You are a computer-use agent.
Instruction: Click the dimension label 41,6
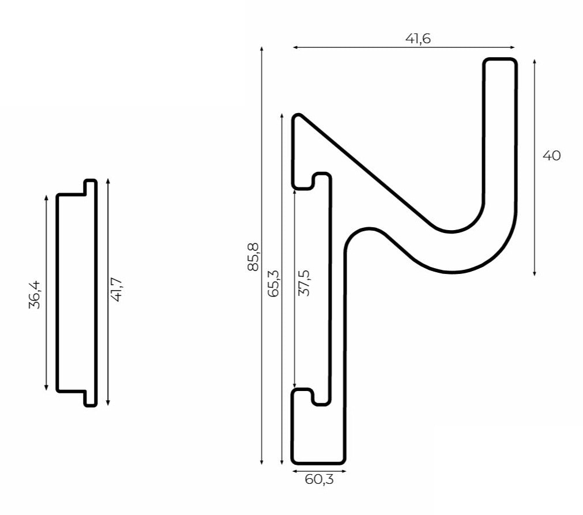pos(418,39)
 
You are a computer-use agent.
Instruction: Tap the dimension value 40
pos(551,156)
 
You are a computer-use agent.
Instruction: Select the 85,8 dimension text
pos(253,257)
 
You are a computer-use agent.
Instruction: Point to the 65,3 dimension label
pos(273,283)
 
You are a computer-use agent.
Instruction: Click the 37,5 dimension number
pos(304,283)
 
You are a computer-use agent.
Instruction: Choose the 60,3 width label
pos(319,480)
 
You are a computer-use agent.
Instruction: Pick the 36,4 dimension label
pos(34,295)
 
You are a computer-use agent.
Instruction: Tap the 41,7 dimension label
pos(116,290)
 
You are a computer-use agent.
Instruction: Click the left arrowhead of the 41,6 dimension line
pos(295,48)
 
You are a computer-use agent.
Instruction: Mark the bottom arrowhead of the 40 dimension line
pos(535,273)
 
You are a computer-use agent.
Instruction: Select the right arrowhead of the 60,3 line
pos(344,471)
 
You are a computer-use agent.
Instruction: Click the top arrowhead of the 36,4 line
pos(46,197)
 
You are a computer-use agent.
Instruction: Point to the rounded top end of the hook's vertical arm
pos(500,59)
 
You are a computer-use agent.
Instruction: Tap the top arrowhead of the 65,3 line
pos(282,116)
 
